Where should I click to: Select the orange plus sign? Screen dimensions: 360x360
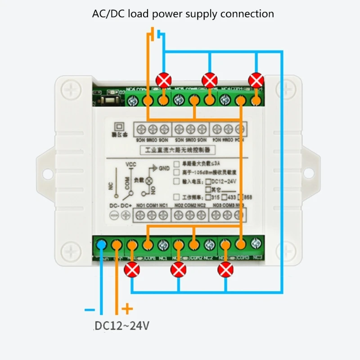point(128,309)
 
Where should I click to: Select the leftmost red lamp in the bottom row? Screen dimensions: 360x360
point(132,270)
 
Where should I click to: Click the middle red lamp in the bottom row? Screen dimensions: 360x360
point(178,270)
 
